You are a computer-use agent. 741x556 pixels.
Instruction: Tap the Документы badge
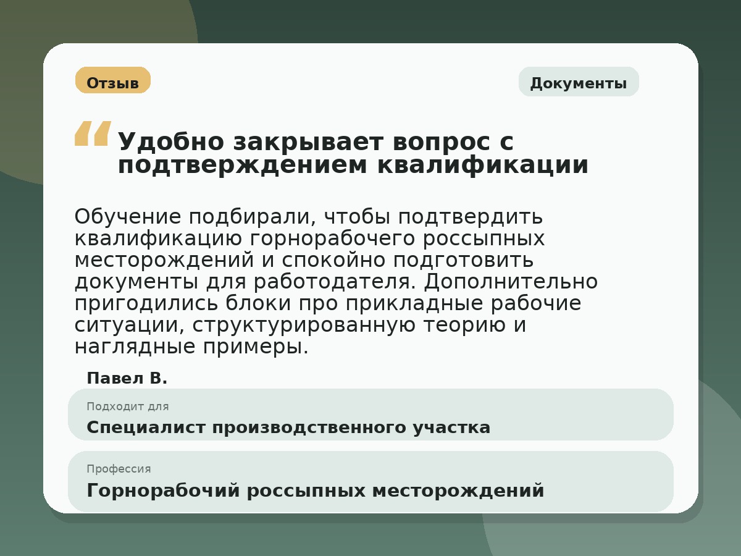tap(578, 83)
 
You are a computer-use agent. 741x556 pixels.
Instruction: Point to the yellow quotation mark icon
tap(93, 133)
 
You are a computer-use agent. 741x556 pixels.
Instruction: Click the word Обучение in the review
tap(128, 217)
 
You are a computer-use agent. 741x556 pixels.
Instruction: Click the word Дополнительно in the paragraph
tap(511, 282)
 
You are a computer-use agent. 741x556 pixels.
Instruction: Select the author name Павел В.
tap(127, 378)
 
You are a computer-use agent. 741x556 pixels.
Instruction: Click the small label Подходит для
tap(127, 406)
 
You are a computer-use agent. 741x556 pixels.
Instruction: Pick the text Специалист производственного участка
tap(288, 428)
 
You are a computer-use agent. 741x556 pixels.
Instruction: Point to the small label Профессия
tap(119, 469)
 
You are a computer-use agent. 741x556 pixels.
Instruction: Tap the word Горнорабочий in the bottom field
tap(163, 491)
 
